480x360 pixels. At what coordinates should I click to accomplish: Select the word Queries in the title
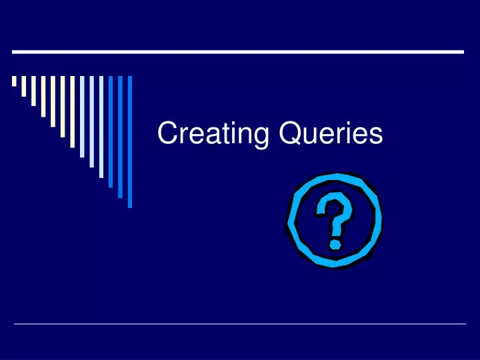(x=331, y=135)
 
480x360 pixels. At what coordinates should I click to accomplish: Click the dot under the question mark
(x=336, y=243)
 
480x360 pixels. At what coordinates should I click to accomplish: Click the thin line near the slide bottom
(x=240, y=324)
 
